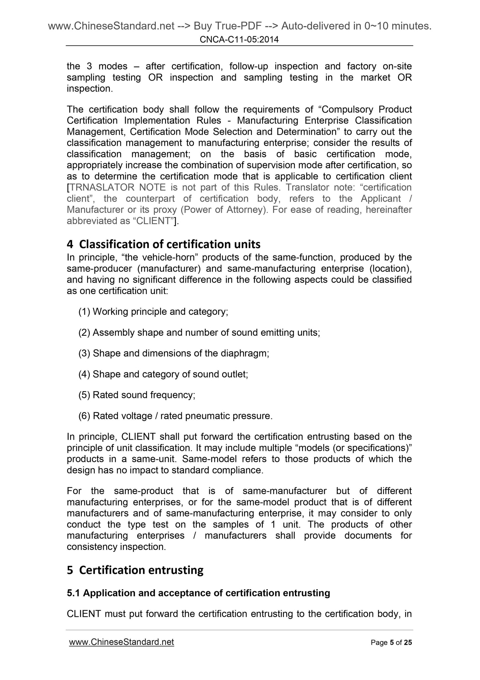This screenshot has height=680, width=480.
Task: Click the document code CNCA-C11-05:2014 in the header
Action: click(x=239, y=40)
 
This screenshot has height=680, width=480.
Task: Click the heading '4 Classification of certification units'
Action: click(x=163, y=244)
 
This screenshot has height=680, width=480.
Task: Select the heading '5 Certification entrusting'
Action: click(x=135, y=570)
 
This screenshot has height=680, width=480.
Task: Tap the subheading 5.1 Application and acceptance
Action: click(x=198, y=593)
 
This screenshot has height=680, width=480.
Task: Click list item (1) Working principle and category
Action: click(x=153, y=312)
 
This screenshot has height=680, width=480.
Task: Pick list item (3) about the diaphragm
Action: click(x=174, y=353)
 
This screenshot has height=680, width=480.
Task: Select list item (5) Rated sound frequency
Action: click(x=137, y=395)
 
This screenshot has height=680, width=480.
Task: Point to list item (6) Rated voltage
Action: click(x=175, y=416)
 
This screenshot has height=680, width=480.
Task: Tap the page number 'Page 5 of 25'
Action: click(x=391, y=642)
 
